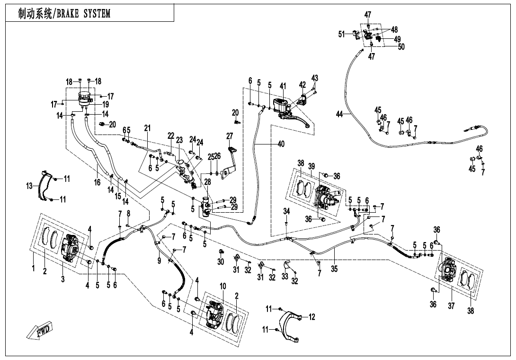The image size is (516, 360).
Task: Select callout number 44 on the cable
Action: [x=339, y=114]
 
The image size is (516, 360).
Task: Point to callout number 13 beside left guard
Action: [x=29, y=187]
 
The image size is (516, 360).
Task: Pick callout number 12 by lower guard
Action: [x=311, y=316]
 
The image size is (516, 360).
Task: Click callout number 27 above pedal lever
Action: [x=230, y=136]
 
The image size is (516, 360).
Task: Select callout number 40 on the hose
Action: [x=281, y=144]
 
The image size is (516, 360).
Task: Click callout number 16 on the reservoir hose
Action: [x=98, y=182]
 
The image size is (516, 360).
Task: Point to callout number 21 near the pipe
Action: [x=147, y=128]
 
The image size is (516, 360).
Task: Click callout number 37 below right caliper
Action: [x=451, y=306]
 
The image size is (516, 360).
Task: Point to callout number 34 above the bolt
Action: [x=286, y=211]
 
